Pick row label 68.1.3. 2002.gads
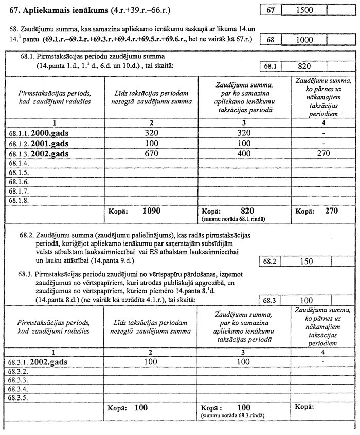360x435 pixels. [38, 153]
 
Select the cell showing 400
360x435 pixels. [244, 153]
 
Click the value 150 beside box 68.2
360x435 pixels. [307, 262]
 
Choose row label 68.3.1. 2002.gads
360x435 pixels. [38, 362]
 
